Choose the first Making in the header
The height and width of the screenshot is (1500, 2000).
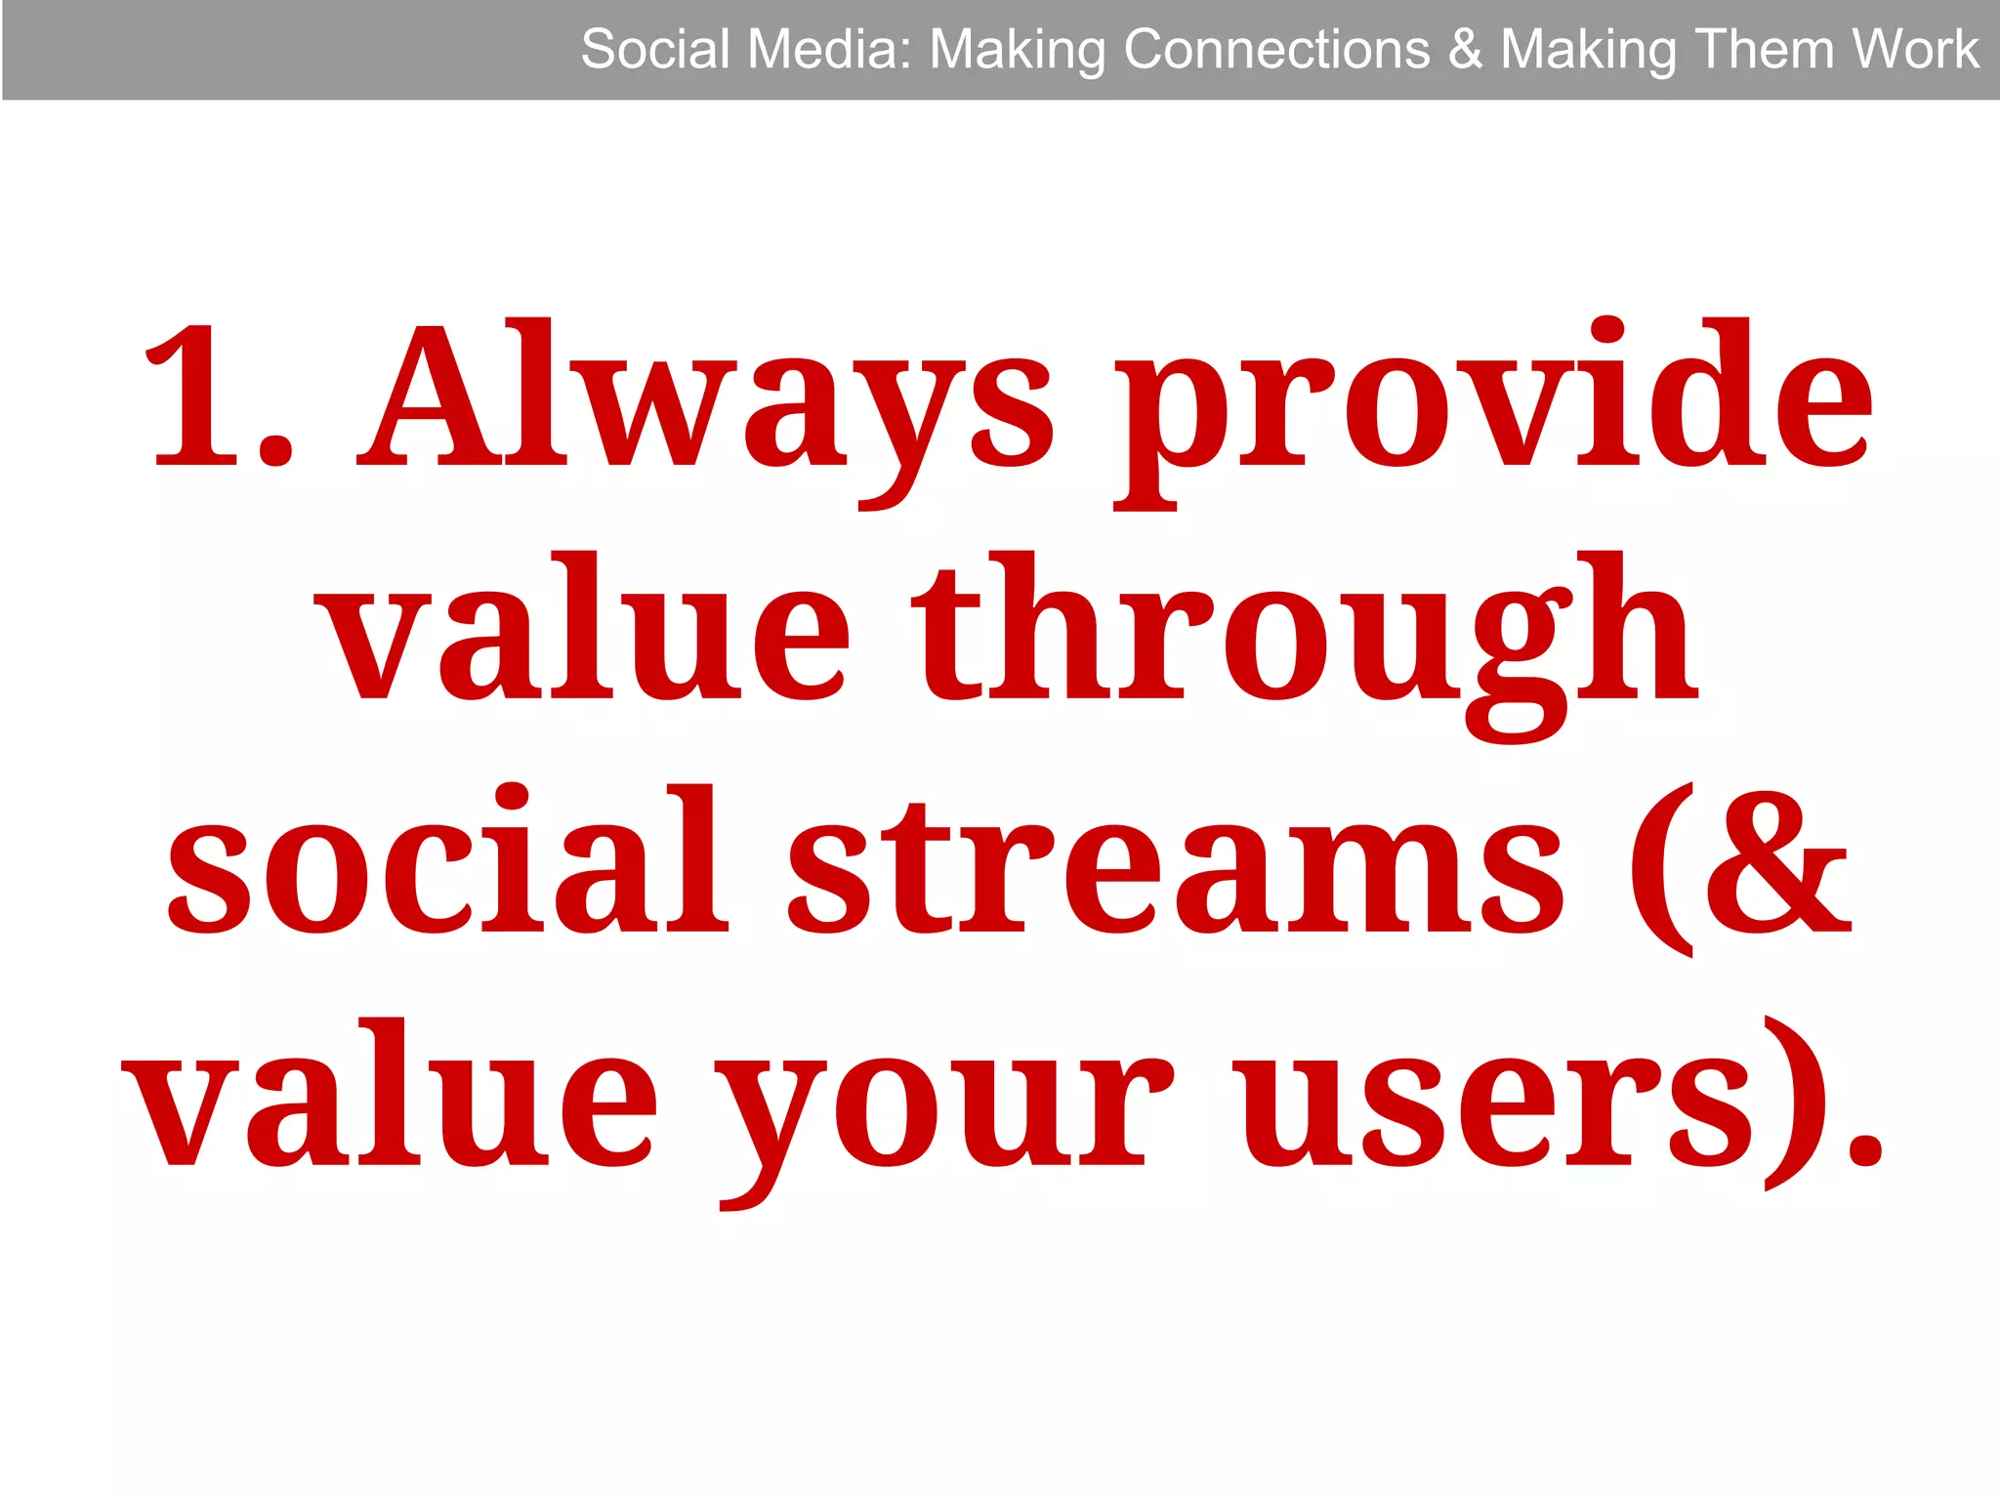(x=1016, y=51)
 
